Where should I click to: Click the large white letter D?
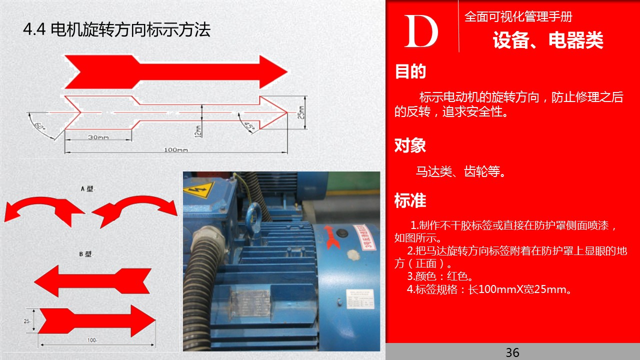(x=421, y=32)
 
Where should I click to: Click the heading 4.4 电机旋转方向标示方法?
(x=117, y=30)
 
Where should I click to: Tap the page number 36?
(x=512, y=352)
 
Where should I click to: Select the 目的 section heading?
(x=410, y=71)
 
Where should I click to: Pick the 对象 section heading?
(x=410, y=145)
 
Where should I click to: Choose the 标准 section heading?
(x=410, y=200)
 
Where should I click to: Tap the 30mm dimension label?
(x=98, y=137)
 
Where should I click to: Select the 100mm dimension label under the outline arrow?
(x=175, y=149)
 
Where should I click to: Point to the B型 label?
(x=85, y=254)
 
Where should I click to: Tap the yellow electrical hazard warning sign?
(x=198, y=189)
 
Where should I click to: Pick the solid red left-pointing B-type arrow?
(x=92, y=282)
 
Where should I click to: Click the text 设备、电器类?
(x=548, y=40)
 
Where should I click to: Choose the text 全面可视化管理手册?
(x=518, y=16)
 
